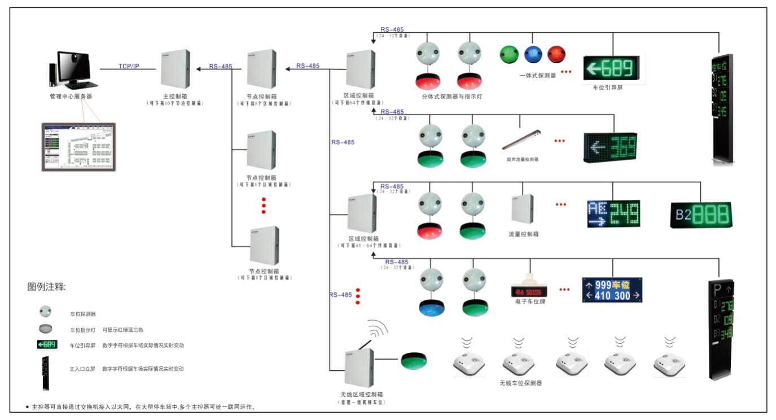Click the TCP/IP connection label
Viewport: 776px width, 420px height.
(x=129, y=66)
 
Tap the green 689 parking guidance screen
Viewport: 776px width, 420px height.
(x=612, y=69)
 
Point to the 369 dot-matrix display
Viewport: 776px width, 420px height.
(x=610, y=147)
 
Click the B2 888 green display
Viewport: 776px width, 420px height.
(x=700, y=215)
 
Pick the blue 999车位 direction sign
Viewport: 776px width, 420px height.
(x=612, y=290)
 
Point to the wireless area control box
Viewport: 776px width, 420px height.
(x=359, y=367)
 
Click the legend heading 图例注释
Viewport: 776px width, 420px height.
(x=46, y=287)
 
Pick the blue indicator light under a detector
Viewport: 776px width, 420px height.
(x=432, y=308)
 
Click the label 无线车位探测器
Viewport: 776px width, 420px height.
(x=520, y=383)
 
